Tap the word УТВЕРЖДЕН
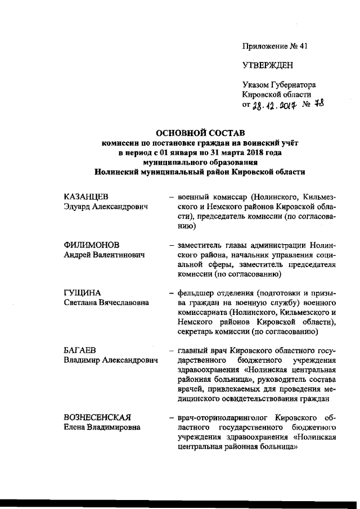(268, 65)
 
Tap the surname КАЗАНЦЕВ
(85, 197)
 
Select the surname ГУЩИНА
(82, 292)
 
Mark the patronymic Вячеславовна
(120, 303)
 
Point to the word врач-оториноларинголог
(223, 417)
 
